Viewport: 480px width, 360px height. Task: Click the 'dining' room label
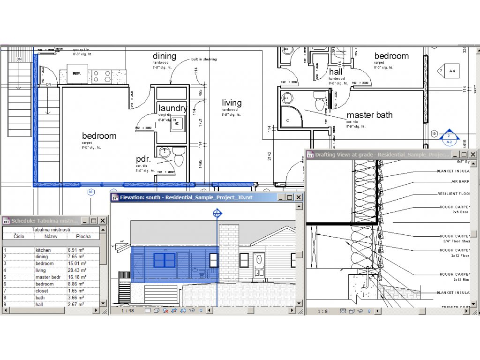pos(164,56)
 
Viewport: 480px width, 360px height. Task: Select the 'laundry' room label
pos(172,108)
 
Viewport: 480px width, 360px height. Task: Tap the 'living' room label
pos(232,103)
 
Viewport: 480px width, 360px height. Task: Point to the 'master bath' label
pos(369,115)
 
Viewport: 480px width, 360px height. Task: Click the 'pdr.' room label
pos(143,159)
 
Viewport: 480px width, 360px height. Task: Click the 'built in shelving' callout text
pos(203,60)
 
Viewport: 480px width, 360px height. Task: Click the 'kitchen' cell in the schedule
pos(43,250)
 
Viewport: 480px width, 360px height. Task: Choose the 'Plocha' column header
pos(83,236)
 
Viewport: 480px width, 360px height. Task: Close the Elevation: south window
pos(299,198)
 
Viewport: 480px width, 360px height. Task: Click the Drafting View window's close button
pos(473,154)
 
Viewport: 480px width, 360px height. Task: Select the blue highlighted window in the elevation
pos(164,260)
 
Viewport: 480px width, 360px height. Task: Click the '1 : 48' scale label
pos(127,310)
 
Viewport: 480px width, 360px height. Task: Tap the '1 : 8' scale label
pos(322,311)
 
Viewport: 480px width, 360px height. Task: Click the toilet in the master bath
pos(320,102)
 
